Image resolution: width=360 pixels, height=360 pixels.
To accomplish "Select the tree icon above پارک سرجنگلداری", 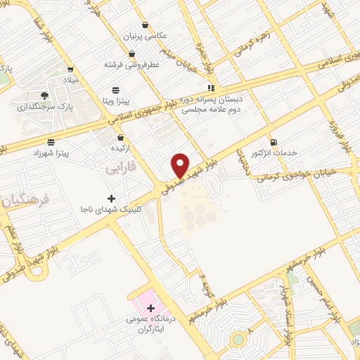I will click(44, 95).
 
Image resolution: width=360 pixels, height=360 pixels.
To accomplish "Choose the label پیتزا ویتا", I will click(116, 102).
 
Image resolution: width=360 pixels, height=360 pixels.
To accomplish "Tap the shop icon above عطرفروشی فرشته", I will click(131, 53).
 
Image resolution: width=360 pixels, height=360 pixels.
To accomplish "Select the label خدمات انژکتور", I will click(274, 152).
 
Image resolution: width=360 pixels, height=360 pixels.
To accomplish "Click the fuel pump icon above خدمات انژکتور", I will click(274, 140).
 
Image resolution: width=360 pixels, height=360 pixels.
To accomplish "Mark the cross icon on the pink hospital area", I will click(150, 308).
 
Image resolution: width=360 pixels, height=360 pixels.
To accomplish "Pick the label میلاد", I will click(71, 81).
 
